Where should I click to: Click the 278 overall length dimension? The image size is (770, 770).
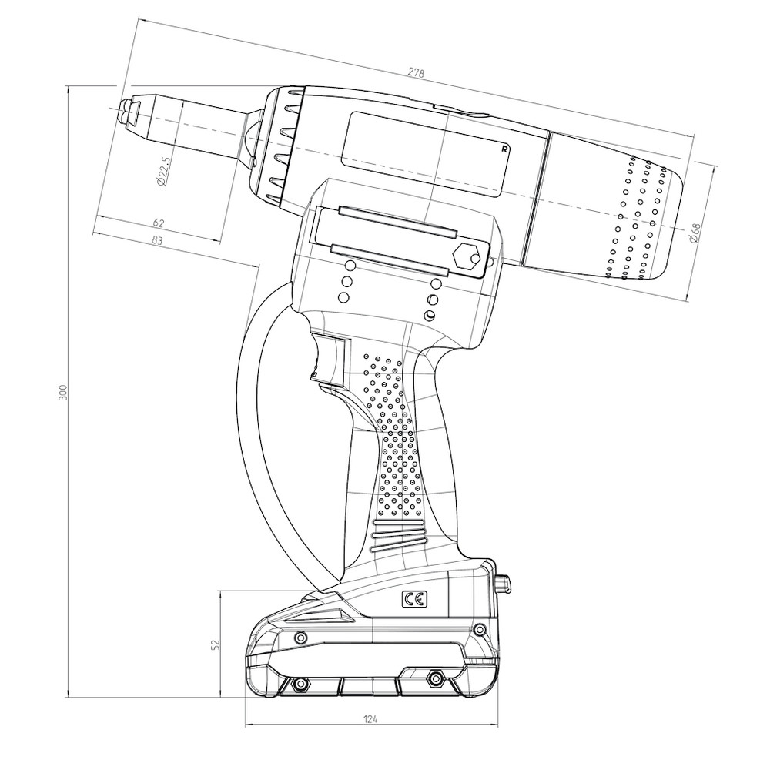[x=416, y=73]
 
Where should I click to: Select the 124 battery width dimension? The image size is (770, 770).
[x=370, y=719]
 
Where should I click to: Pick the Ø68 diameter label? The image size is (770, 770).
[x=694, y=233]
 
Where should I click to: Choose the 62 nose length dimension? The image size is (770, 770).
[x=159, y=223]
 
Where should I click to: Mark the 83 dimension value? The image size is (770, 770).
[x=157, y=241]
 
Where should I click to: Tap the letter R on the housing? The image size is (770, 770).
[x=504, y=149]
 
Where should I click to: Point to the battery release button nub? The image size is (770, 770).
[x=506, y=583]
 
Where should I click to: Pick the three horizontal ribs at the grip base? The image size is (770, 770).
[x=399, y=537]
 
